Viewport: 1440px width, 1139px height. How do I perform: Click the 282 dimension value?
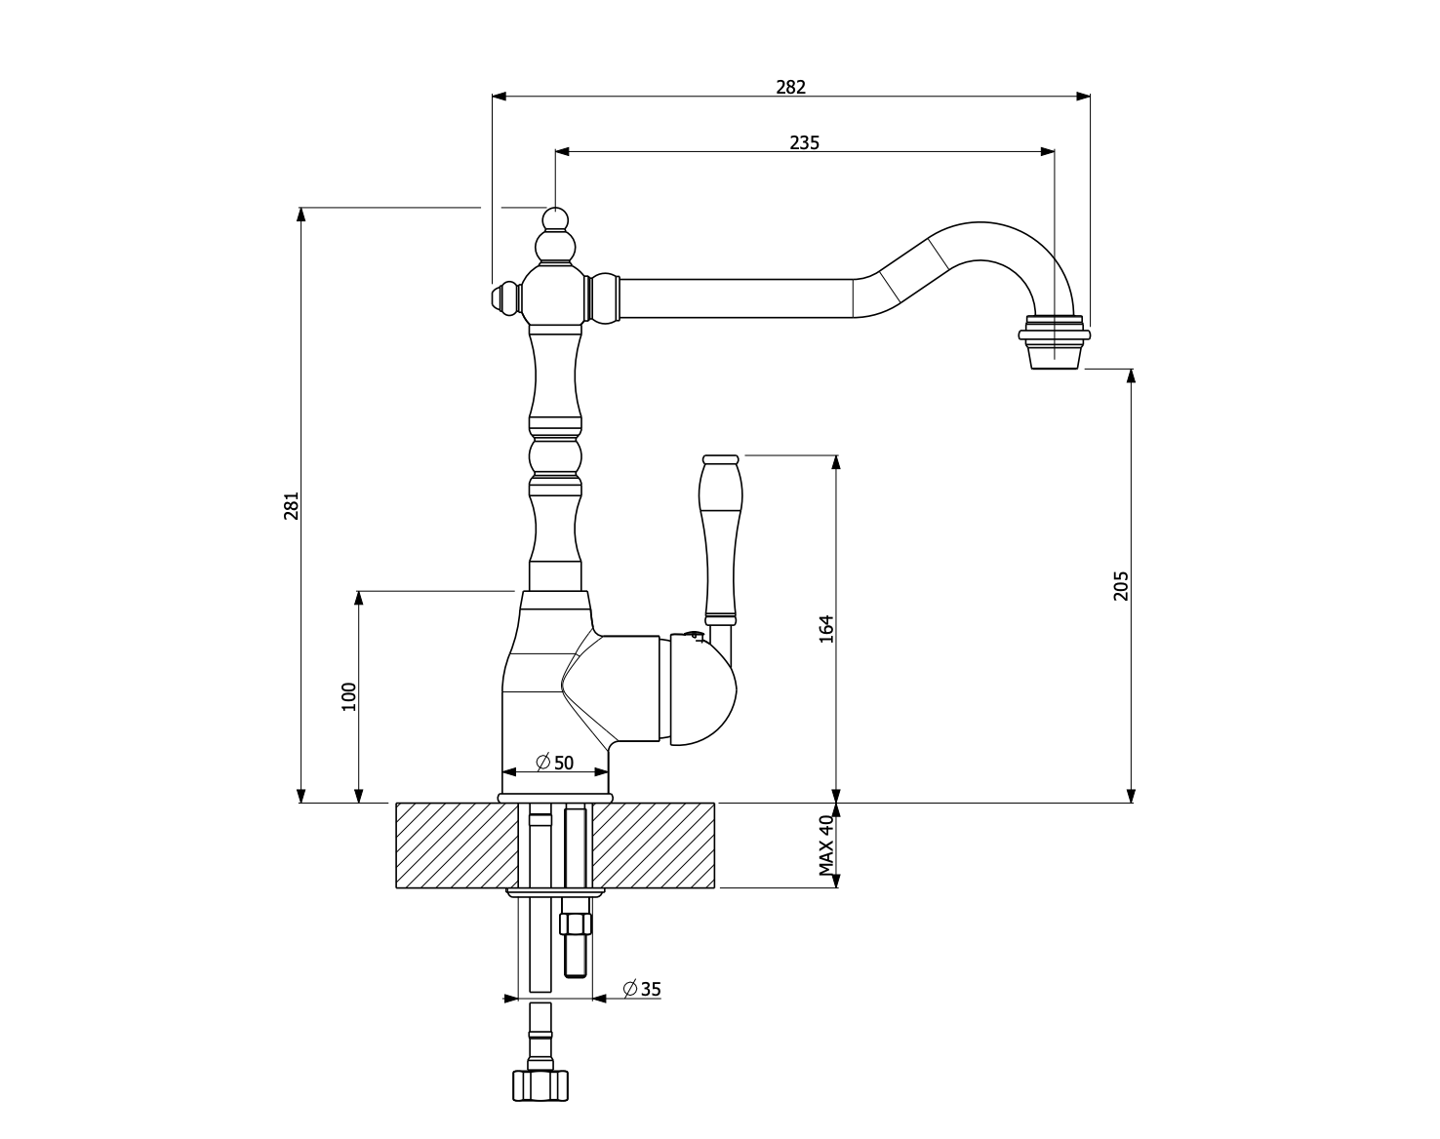790,87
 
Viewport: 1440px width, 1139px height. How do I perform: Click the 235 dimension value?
804,142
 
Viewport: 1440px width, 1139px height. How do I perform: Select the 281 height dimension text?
292,505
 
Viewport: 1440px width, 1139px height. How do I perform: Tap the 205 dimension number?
1121,585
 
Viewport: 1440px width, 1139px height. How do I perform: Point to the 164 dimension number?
826,628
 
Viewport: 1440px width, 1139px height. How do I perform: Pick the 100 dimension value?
349,696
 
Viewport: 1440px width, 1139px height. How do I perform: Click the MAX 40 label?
826,844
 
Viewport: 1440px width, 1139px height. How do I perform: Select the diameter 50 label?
555,763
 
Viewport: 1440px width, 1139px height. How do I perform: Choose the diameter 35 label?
642,989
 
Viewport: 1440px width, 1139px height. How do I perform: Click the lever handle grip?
720,536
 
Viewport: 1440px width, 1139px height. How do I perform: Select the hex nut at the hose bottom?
540,1085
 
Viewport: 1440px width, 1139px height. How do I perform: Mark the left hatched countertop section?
455,845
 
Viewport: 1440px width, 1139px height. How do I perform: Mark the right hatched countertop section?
654,845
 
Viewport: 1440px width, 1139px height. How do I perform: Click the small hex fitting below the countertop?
576,923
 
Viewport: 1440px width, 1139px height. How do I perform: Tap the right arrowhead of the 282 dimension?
1084,97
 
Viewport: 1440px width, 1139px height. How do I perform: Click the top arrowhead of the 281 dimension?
301,215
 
